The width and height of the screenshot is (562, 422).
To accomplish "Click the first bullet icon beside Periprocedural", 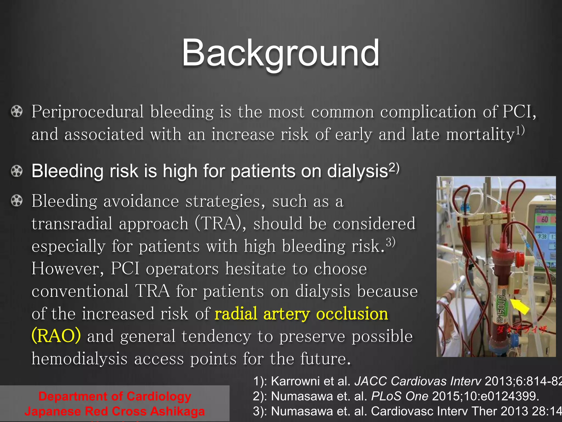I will [x=16, y=112].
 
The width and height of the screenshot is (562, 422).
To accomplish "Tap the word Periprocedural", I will [x=87, y=112].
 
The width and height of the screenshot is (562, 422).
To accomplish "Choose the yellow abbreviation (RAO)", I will [x=56, y=336].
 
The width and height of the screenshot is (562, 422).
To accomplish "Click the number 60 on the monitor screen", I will [x=545, y=219].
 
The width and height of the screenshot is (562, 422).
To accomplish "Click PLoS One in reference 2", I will [x=400, y=396].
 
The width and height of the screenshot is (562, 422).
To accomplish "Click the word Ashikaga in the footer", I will [x=177, y=411].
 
